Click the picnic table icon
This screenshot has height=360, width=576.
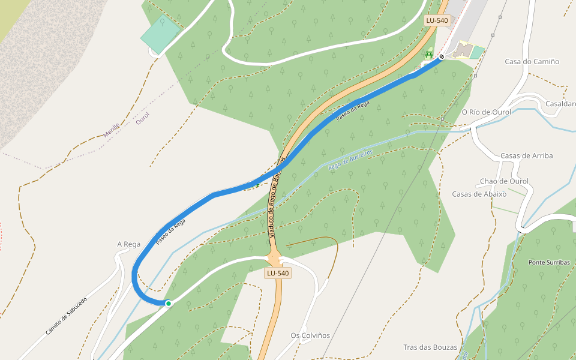click(429, 55)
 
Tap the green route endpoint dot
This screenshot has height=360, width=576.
click(169, 304)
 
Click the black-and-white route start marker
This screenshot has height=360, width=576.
click(442, 57)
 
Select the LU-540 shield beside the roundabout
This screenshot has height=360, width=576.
click(278, 273)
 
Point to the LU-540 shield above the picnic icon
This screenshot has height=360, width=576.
click(436, 20)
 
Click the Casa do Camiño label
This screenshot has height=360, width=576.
click(532, 62)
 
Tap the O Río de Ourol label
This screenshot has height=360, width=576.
click(486, 112)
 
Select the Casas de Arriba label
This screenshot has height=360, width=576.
click(526, 156)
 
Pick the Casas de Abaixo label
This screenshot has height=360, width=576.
click(479, 194)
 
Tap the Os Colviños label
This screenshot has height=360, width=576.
click(310, 335)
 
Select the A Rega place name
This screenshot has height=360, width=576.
click(128, 244)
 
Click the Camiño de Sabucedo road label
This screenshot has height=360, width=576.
click(66, 316)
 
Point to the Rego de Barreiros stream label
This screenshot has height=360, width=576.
click(350, 160)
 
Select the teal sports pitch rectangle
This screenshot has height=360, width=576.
click(161, 34)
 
